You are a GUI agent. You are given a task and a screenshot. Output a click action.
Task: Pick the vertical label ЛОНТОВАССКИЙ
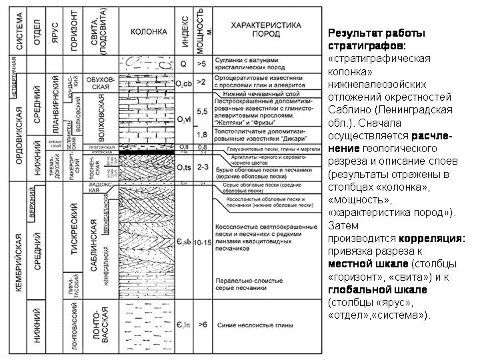tap(75, 325)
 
